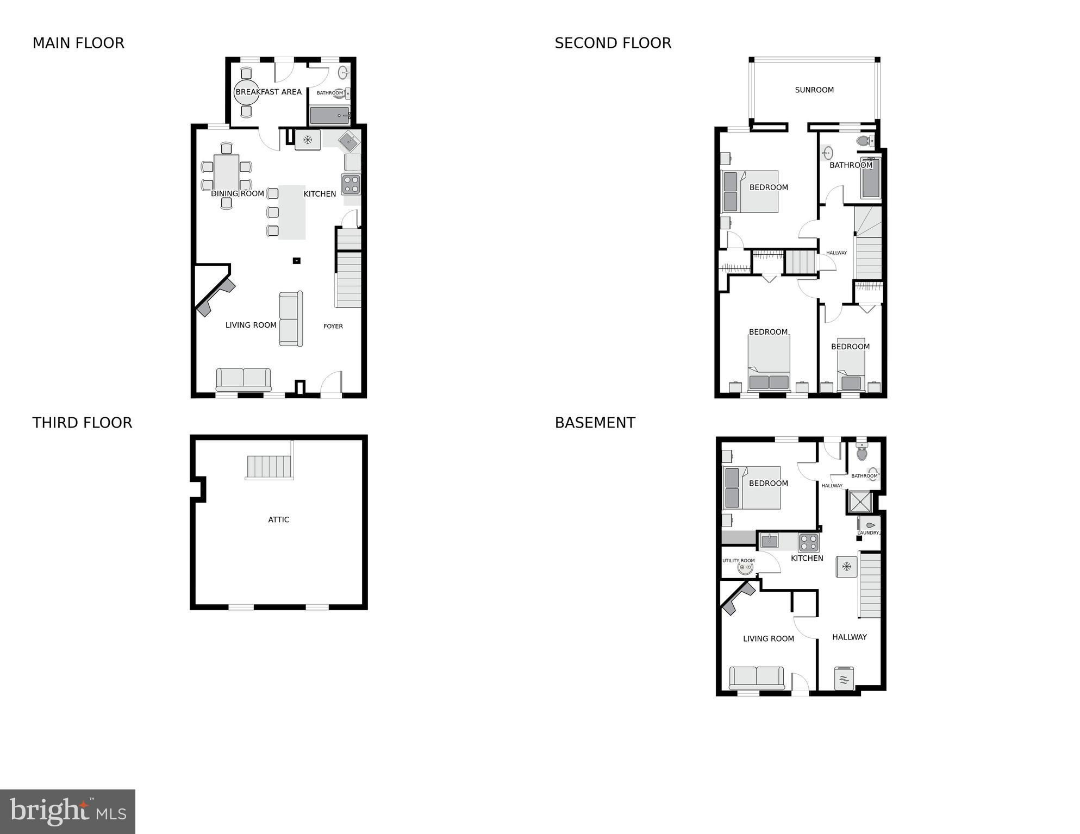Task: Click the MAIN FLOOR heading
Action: point(78,43)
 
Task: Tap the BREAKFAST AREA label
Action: point(269,92)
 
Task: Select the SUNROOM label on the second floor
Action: point(814,90)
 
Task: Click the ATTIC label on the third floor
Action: point(279,519)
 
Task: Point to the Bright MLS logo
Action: point(67,812)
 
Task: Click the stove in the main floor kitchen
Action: point(351,184)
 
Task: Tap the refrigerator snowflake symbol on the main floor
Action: point(308,140)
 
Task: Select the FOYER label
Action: point(333,326)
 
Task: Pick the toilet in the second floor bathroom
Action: point(863,141)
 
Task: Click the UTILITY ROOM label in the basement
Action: point(739,561)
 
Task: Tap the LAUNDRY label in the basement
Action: point(868,532)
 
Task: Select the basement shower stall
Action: point(860,502)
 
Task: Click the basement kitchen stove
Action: point(808,542)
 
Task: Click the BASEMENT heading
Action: point(595,423)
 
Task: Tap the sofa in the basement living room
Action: point(757,678)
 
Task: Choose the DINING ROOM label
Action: point(238,193)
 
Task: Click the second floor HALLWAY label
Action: point(836,253)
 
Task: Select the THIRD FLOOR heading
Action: point(82,423)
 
